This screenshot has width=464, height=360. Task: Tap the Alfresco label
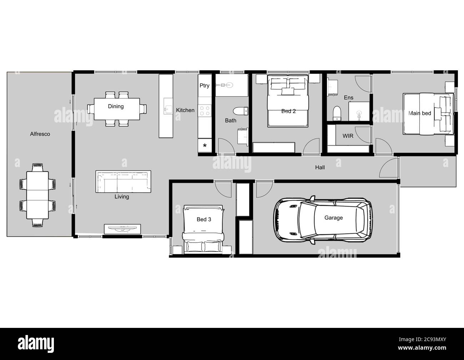(40, 134)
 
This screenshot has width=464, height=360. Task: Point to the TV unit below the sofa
(122, 229)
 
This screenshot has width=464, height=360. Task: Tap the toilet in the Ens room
(337, 114)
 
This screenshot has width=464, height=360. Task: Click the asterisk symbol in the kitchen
(205, 146)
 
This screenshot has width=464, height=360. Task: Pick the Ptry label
(205, 86)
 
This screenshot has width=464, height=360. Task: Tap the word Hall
(320, 167)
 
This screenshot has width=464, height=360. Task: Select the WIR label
(348, 136)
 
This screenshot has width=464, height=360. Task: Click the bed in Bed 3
(203, 229)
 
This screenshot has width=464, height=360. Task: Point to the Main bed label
(419, 113)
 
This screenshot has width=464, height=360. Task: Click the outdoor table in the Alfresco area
(37, 196)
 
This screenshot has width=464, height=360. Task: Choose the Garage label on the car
(333, 218)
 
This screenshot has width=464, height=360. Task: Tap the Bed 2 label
(288, 111)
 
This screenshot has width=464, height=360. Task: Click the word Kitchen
(185, 110)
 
